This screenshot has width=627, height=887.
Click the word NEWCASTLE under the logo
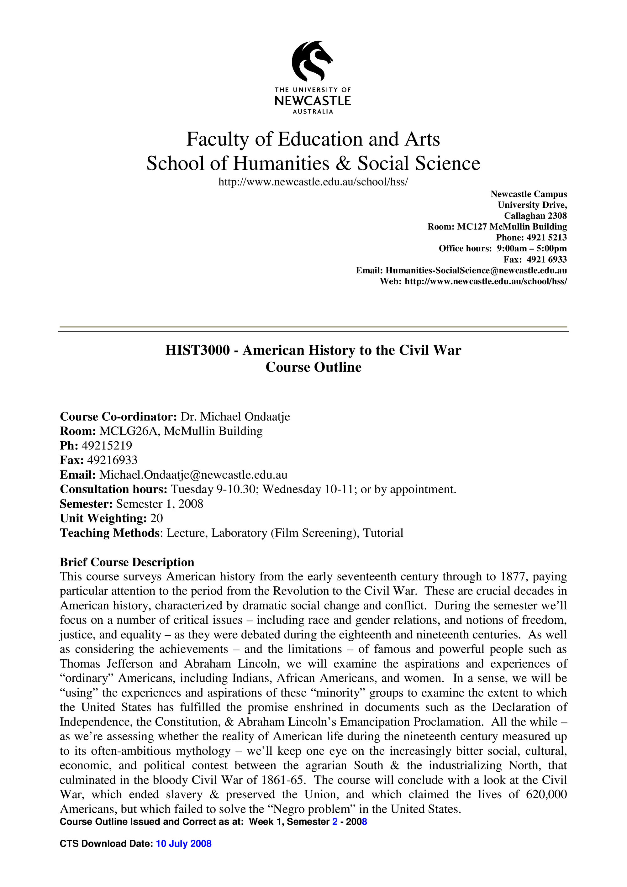pos(313,101)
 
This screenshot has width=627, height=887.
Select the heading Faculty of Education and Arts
pos(313,139)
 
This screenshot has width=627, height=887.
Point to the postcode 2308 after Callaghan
pos(557,216)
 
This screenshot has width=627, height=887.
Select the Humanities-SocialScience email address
pos(476,270)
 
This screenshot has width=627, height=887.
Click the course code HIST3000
pos(198,350)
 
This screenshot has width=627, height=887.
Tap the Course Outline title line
pos(313,367)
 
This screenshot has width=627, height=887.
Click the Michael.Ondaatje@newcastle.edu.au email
pos(193,475)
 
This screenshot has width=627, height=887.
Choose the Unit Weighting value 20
pos(156,518)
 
